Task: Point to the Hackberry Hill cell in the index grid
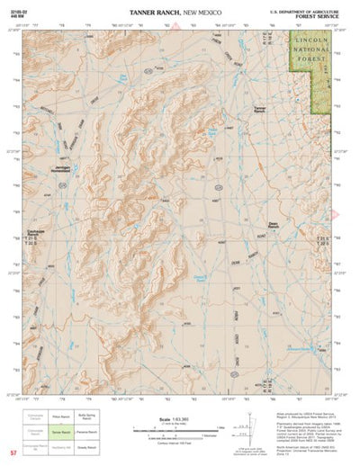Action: [60, 444]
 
